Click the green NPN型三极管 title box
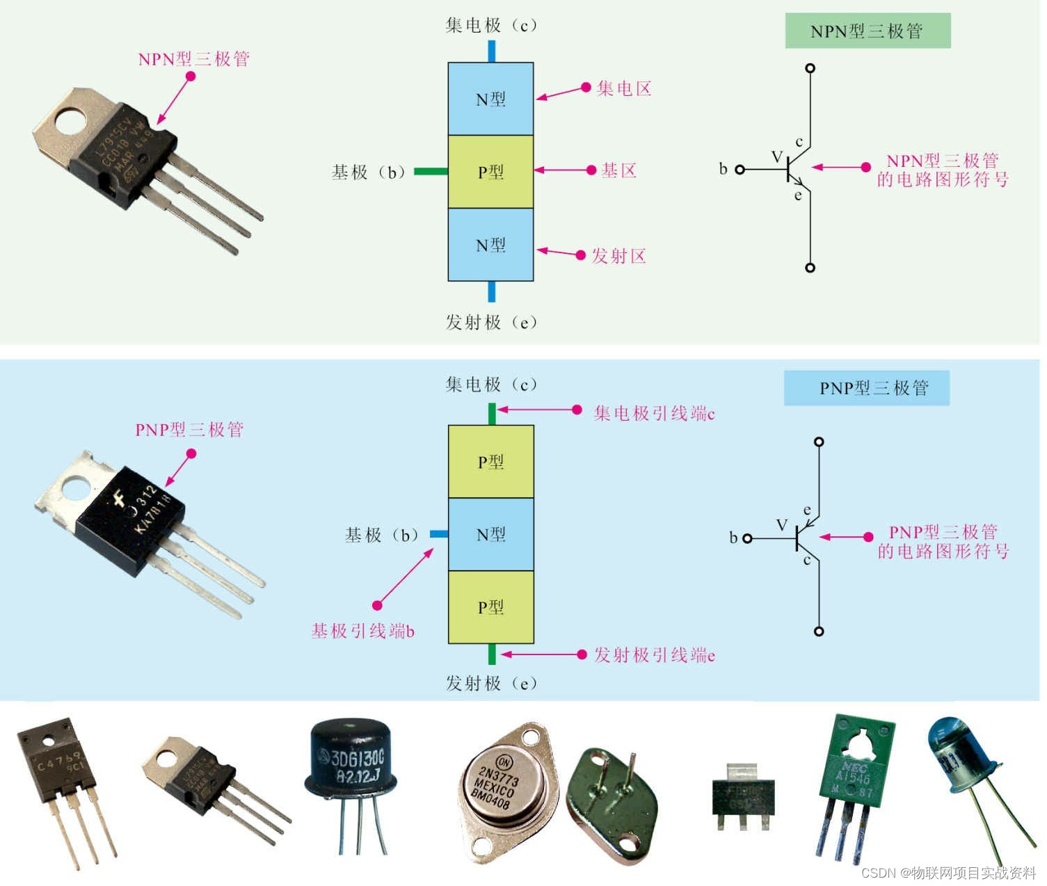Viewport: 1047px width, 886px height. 867,31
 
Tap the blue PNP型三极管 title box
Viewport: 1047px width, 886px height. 866,388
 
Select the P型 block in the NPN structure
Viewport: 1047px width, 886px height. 490,172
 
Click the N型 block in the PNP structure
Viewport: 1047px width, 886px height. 490,534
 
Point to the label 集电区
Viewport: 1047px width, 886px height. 624,89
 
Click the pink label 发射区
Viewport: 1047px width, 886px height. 618,256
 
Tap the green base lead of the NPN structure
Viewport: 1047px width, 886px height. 431,171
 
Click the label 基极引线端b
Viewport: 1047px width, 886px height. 362,631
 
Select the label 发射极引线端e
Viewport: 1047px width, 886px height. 654,655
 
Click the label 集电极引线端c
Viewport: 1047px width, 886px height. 654,414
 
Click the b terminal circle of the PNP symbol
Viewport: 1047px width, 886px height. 747,538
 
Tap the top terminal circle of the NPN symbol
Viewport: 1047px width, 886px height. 810,68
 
